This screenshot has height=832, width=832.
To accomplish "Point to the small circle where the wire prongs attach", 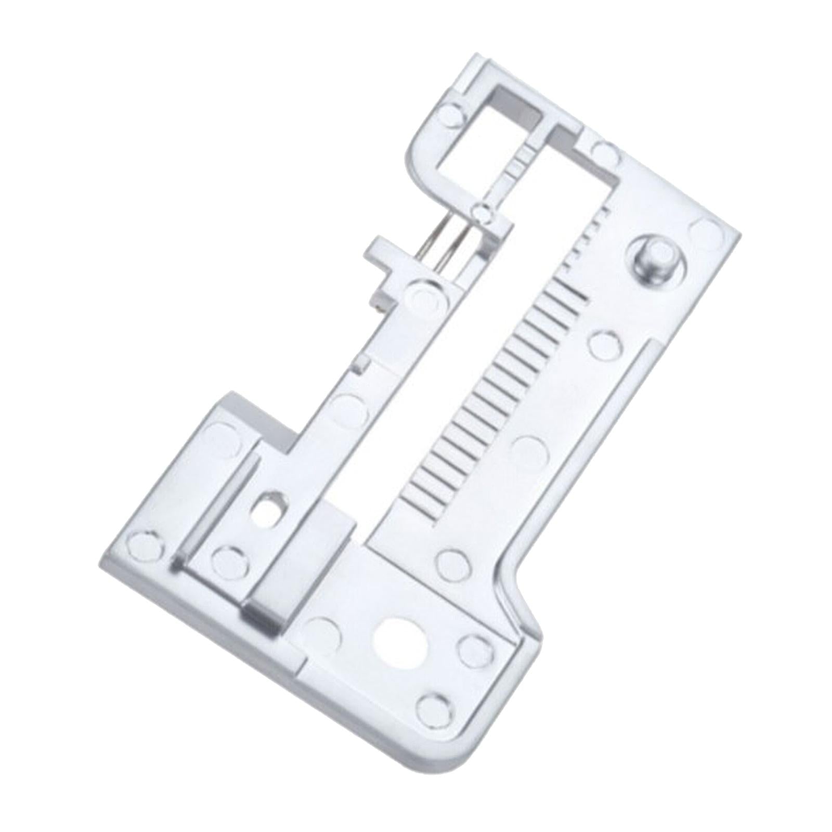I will [x=482, y=211].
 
